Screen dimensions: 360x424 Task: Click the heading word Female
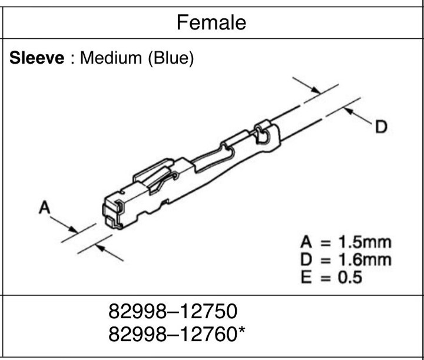211,23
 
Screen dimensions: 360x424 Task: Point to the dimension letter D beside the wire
381,127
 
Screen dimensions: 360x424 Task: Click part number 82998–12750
173,311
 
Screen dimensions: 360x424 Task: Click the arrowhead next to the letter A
74,229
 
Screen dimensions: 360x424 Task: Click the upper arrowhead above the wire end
316,90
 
